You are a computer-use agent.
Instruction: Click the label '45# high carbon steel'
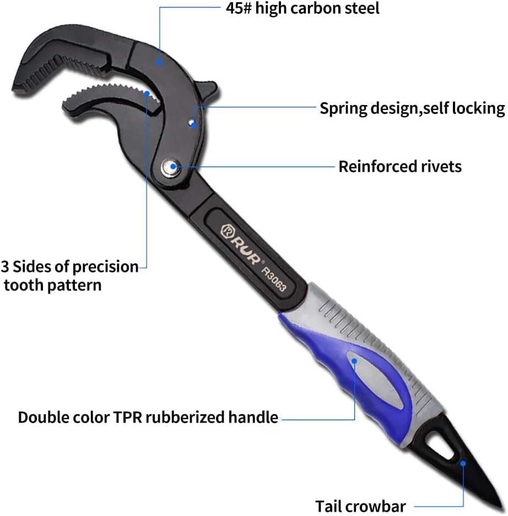tap(302, 8)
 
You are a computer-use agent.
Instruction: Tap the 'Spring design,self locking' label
tap(412, 108)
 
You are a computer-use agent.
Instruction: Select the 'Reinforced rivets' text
tap(400, 167)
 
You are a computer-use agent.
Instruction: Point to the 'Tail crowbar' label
tap(360, 506)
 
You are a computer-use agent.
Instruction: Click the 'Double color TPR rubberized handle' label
tap(148, 418)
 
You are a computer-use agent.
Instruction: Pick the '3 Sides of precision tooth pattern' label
tap(70, 276)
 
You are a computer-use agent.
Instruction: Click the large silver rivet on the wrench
tap(171, 167)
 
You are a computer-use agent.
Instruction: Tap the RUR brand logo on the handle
tap(241, 244)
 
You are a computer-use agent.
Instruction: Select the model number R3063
tap(274, 279)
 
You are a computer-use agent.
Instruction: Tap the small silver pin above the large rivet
tap(191, 123)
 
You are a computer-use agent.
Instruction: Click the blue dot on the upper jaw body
tap(159, 62)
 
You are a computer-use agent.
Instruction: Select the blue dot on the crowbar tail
tap(463, 464)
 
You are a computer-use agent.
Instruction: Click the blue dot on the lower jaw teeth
tap(147, 94)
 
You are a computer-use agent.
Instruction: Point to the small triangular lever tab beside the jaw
tap(207, 89)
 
